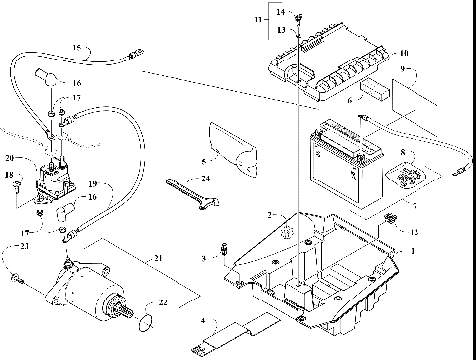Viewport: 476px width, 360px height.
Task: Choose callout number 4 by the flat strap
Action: (202, 320)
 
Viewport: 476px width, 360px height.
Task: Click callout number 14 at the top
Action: (280, 12)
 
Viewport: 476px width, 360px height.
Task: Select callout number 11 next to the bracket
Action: (259, 19)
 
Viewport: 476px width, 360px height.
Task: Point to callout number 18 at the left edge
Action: (9, 177)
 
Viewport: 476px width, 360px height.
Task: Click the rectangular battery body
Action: (342, 164)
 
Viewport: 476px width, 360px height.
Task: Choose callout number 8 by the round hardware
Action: (403, 153)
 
